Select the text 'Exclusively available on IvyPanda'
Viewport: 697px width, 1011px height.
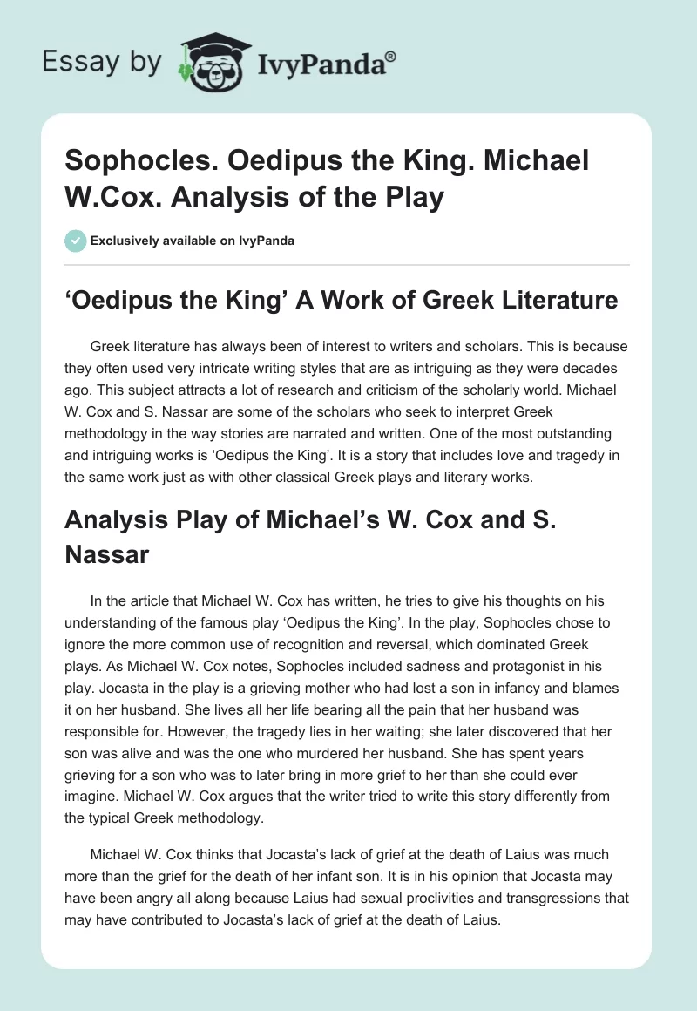coord(192,241)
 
